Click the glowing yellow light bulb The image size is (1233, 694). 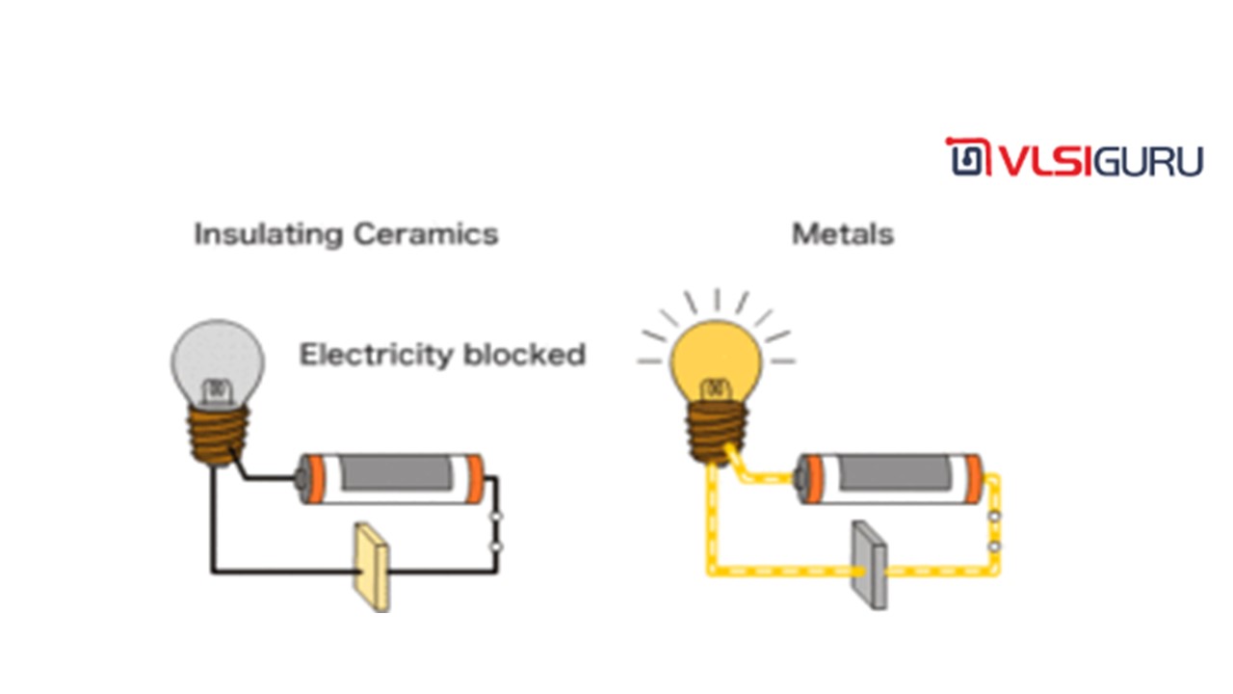[716, 357]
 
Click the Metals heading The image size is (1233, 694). [842, 234]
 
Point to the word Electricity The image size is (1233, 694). [376, 355]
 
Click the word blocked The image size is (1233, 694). [524, 355]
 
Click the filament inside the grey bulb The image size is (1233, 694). [217, 389]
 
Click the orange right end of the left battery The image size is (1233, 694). [475, 479]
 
